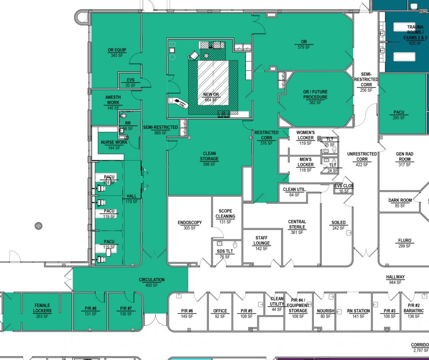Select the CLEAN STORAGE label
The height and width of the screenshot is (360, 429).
point(209,156)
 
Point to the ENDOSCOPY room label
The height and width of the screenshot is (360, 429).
point(190,223)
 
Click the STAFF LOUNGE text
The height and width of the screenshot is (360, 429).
point(261,240)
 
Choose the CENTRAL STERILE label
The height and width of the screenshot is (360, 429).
point(297,224)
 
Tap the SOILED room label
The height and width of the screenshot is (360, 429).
point(339,223)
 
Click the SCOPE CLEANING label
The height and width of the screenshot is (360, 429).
point(225,214)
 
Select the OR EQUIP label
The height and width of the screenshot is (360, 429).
point(117,50)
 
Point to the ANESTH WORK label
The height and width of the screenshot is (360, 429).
point(113,100)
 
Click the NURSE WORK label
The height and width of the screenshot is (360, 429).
point(114,142)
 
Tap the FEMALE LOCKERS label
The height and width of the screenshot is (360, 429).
point(42,308)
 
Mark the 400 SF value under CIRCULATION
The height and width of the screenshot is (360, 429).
point(152,285)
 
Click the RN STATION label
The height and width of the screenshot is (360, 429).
point(359,311)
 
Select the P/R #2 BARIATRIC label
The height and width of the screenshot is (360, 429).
point(413,309)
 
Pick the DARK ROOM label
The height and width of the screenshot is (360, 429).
point(400,201)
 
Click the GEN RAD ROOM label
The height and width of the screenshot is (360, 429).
point(405,157)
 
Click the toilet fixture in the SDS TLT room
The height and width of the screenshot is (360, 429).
point(235,244)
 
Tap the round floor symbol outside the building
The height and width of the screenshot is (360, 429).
point(39,225)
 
